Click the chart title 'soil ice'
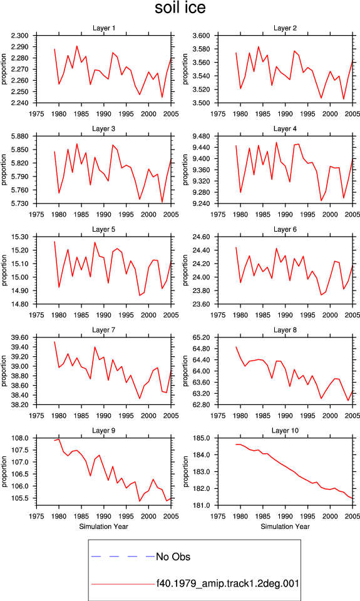point(180,8)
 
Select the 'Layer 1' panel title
point(104,28)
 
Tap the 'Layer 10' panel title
point(285,431)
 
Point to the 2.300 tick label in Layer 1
point(19,36)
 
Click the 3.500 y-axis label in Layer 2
point(201,103)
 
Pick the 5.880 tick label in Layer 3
point(19,136)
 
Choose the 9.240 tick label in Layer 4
point(201,203)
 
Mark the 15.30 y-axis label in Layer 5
point(20,237)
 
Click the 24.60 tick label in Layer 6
point(201,237)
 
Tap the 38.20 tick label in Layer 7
point(20,405)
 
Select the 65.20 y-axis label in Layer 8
point(201,337)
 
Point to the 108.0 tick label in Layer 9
point(20,438)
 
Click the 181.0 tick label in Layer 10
point(201,505)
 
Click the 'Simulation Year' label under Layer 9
point(103,527)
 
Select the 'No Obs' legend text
point(173,557)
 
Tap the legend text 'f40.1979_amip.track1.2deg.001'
point(228,583)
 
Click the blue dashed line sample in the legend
point(123,556)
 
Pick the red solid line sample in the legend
point(123,584)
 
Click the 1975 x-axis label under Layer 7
point(36,416)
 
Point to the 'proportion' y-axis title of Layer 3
point(4,170)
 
